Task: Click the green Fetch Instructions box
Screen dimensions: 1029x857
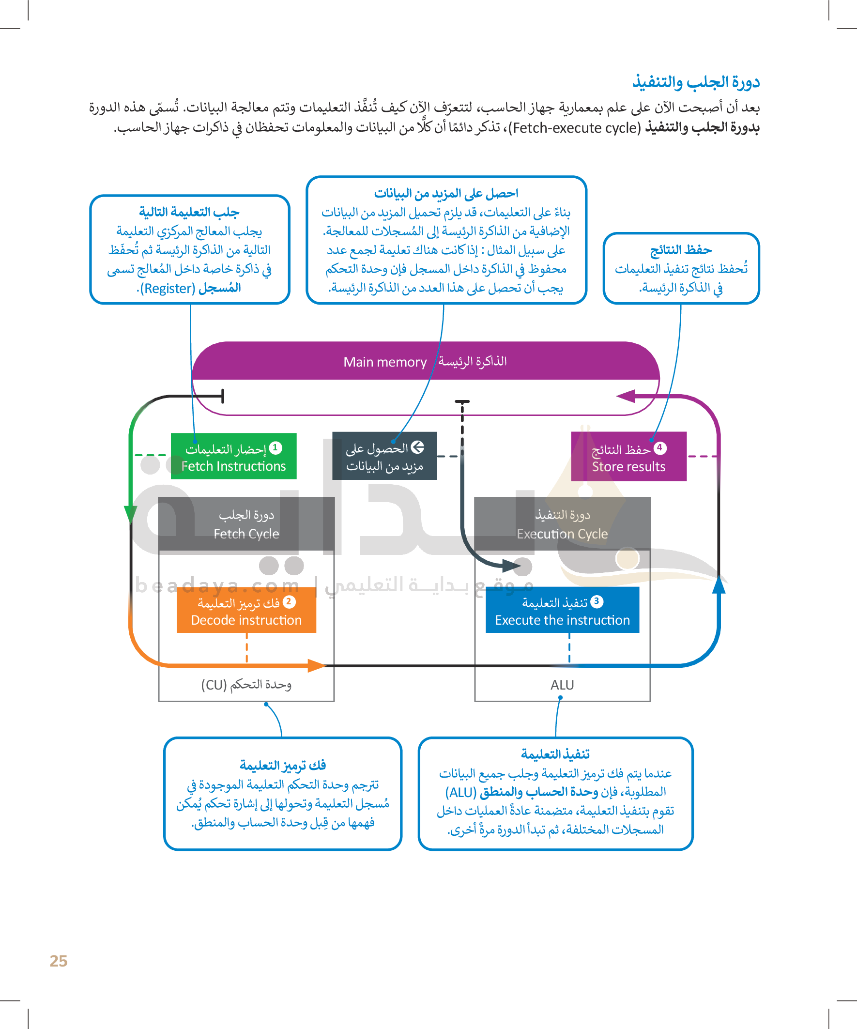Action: (233, 456)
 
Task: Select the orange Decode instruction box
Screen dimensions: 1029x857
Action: (246, 611)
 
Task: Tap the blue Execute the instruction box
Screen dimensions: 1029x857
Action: (562, 611)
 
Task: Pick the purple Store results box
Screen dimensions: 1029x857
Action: (628, 457)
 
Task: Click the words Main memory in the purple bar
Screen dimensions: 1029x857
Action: (384, 362)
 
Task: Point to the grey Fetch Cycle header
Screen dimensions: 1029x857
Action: (246, 524)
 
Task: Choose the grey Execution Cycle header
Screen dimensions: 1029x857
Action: (562, 524)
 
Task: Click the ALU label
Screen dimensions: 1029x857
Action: (562, 685)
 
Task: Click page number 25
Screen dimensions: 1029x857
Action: (58, 961)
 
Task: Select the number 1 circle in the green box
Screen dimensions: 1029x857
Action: (275, 447)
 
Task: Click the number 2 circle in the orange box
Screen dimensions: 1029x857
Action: (289, 601)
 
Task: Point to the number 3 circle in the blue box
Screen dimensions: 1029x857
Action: (597, 601)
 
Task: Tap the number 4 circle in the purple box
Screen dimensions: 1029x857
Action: (660, 447)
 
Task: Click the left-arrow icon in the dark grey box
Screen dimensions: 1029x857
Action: (417, 447)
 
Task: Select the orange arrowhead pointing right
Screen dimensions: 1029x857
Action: (317, 665)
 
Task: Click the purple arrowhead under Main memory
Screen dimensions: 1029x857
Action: (626, 396)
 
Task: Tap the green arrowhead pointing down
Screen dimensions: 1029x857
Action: (130, 514)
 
